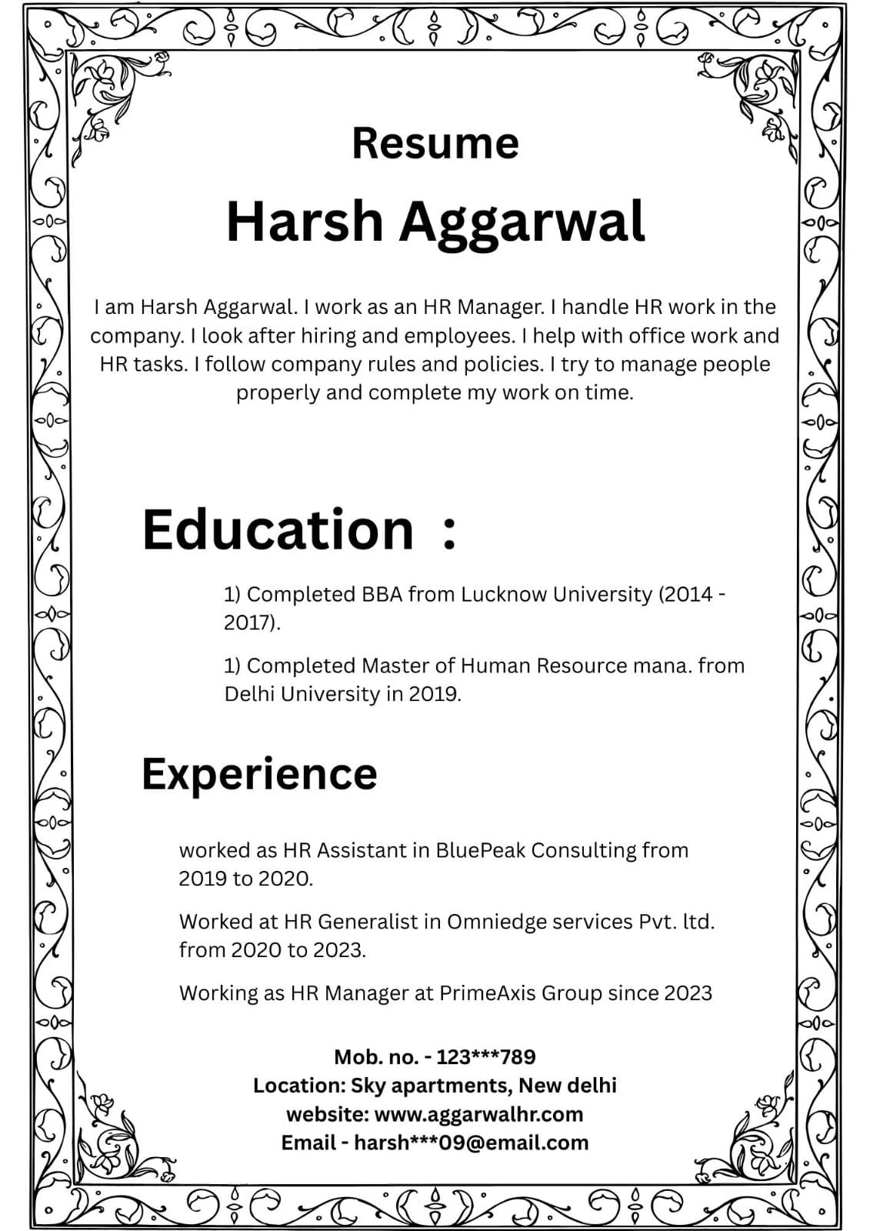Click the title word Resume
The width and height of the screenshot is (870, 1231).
[x=435, y=143]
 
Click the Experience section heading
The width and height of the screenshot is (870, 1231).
[x=259, y=773]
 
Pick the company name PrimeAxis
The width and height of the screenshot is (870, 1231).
[x=487, y=992]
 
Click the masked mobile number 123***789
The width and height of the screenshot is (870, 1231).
[x=485, y=1057]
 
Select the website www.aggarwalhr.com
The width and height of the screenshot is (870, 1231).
[x=478, y=1114]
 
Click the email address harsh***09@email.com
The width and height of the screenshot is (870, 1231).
[x=471, y=1143]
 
